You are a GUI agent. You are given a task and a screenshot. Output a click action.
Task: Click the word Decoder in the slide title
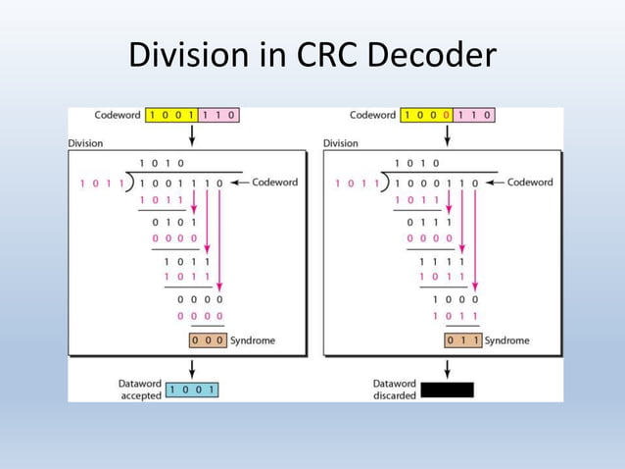431,56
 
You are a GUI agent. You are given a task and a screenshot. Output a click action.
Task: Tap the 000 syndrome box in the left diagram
208,340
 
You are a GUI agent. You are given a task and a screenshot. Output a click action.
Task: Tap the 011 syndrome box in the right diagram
462,340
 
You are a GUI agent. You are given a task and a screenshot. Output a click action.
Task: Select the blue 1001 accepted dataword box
193,390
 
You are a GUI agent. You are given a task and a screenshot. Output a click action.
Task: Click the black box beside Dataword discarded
447,390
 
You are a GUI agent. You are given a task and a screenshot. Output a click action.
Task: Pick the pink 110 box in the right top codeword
474,115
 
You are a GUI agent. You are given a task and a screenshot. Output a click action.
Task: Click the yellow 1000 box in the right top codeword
427,115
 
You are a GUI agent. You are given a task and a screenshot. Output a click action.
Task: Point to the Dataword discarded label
395,390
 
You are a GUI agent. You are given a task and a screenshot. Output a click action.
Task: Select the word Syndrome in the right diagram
506,340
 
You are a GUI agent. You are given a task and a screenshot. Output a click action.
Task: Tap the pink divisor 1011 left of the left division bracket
99,182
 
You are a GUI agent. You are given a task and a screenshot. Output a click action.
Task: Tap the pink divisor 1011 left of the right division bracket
354,182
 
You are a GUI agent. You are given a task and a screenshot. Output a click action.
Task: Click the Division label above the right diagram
340,143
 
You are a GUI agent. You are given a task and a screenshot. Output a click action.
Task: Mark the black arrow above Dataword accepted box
193,368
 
